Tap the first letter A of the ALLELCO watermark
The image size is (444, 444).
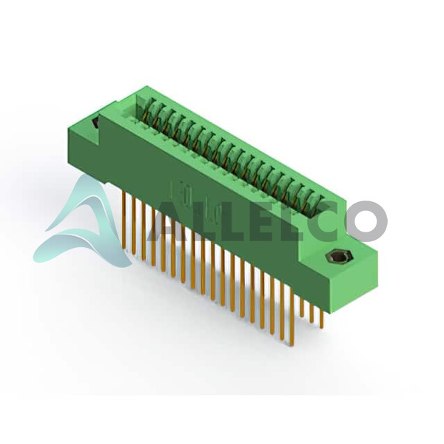click(165, 221)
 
